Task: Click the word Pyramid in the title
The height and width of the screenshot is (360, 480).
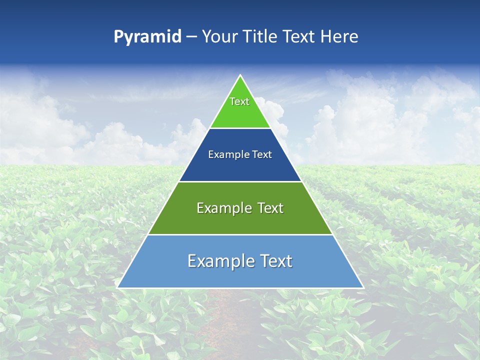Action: pyautogui.click(x=147, y=37)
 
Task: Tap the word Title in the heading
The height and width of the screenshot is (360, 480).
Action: pyautogui.click(x=260, y=36)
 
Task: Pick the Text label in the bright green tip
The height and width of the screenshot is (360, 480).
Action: pyautogui.click(x=239, y=101)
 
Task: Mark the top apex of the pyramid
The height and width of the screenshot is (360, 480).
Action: pyautogui.click(x=240, y=75)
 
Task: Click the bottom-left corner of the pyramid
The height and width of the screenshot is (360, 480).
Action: pyautogui.click(x=118, y=287)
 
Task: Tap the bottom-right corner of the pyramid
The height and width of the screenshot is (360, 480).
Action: pyautogui.click(x=362, y=287)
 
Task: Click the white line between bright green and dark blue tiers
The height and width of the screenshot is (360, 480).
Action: pyautogui.click(x=240, y=128)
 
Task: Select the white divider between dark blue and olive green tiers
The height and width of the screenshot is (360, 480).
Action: pyautogui.click(x=240, y=181)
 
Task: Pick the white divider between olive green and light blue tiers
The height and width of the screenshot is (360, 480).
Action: pyautogui.click(x=240, y=234)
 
